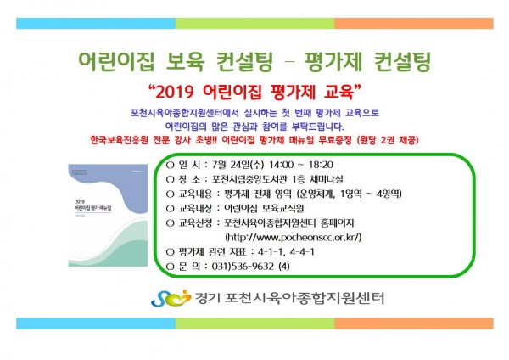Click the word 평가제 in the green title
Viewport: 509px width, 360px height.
pyautogui.click(x=333, y=61)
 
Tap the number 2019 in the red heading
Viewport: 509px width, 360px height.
pyautogui.click(x=175, y=93)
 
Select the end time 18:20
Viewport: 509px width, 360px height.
pyautogui.click(x=321, y=165)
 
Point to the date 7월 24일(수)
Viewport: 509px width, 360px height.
pyautogui.click(x=238, y=165)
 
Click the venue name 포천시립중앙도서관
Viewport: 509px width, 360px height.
pyautogui.click(x=249, y=179)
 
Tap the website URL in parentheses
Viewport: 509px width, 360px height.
pyautogui.click(x=294, y=237)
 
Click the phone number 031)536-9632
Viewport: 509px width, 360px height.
pyautogui.click(x=243, y=267)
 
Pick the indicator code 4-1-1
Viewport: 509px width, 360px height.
pyautogui.click(x=270, y=252)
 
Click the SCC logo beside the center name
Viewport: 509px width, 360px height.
pyautogui.click(x=171, y=298)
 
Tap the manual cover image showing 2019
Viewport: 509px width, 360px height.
pyautogui.click(x=108, y=215)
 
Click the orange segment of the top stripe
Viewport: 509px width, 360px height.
pyautogui.click(x=414, y=24)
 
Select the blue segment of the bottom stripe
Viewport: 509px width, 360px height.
pyautogui.click(x=96, y=323)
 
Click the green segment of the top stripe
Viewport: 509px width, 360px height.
pyautogui.click(x=255, y=24)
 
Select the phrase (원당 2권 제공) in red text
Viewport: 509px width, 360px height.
pyautogui.click(x=388, y=140)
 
